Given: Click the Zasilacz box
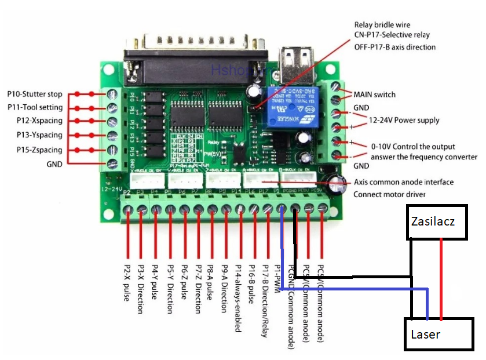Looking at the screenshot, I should tap(437, 221).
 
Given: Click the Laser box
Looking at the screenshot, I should tap(437, 334).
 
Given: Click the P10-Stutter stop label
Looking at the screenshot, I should tap(35, 93).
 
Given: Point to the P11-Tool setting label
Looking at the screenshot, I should tap(35, 107).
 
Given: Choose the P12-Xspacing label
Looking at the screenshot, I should tap(35, 121).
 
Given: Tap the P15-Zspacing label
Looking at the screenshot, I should tap(35, 150).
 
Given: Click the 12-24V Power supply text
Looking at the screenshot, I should tap(404, 121).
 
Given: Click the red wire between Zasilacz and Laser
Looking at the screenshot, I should tap(441, 278).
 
